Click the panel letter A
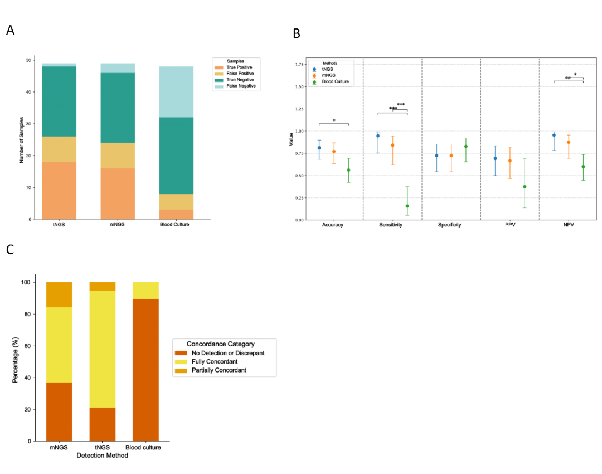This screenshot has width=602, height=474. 10,31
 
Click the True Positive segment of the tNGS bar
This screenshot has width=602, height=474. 59,190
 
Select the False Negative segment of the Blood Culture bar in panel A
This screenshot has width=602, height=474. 176,92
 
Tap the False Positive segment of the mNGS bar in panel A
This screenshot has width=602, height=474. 118,156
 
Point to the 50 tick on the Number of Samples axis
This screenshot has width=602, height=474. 28,60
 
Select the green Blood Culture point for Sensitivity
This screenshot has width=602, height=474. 407,206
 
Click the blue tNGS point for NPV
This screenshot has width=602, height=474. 554,135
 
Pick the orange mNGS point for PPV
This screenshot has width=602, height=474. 509,161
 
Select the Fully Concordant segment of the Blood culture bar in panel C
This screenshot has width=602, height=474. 145,291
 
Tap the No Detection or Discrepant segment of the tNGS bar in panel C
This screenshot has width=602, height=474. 103,424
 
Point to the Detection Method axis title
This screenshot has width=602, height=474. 103,456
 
